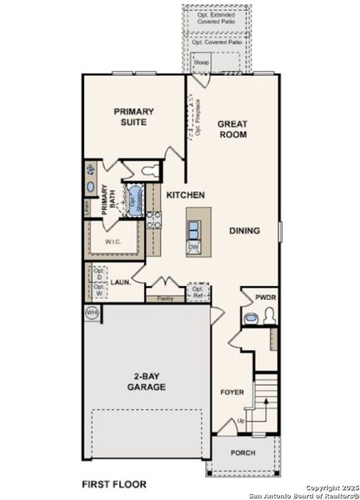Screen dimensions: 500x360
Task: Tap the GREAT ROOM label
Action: coord(232,130)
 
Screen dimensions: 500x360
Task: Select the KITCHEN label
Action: coord(185,194)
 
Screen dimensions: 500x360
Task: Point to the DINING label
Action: coord(244,231)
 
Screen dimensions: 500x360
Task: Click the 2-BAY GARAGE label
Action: coord(146,382)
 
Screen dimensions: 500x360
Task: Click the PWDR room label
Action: coord(265,296)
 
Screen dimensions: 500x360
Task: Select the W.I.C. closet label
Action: coord(114,242)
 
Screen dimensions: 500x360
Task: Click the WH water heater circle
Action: coord(91,312)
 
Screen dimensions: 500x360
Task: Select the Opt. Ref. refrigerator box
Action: coord(197,292)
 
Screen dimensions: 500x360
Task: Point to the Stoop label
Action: coord(200,62)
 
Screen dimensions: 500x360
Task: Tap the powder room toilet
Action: coord(267,315)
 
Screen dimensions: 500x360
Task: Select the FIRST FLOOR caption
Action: coord(113,483)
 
